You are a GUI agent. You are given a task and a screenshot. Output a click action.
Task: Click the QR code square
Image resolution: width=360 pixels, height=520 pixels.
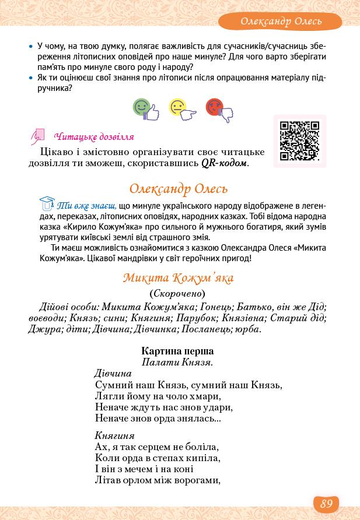299,140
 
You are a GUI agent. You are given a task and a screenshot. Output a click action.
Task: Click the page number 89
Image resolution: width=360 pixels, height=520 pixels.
326,503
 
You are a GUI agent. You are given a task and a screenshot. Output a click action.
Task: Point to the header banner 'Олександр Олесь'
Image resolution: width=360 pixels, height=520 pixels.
281,22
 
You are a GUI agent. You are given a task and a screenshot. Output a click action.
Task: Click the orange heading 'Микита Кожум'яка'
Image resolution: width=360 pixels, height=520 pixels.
178,277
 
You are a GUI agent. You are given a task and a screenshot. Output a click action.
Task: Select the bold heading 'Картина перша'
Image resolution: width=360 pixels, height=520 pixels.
177,351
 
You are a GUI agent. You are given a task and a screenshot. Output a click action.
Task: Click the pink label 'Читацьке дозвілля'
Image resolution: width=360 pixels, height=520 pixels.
94,137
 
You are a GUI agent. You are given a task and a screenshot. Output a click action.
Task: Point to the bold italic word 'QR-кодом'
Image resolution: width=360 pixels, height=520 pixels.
224,163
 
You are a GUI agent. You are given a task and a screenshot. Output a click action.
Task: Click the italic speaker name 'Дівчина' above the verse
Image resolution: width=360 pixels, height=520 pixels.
113,373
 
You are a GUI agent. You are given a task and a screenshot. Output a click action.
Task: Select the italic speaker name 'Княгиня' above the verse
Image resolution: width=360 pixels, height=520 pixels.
114,435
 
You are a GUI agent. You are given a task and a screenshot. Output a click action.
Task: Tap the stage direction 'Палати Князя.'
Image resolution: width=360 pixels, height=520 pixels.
177,362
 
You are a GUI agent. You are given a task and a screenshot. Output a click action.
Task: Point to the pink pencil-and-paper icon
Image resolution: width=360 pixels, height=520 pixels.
38,136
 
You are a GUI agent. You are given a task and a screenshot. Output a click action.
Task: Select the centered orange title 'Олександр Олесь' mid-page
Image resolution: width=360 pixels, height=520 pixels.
178,189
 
